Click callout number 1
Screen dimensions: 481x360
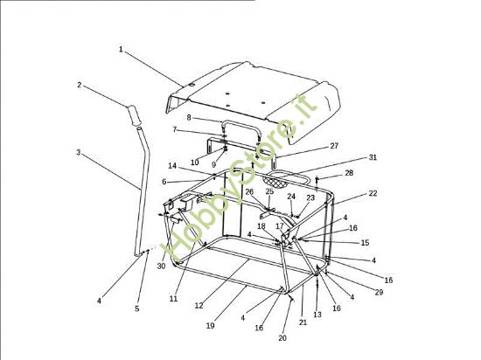click(121, 49)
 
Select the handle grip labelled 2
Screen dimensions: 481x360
click(133, 114)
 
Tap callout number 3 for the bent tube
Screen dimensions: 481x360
click(79, 152)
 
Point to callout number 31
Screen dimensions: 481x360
click(373, 157)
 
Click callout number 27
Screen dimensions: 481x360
click(334, 146)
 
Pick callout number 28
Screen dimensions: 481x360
click(349, 173)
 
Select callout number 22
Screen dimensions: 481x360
click(373, 193)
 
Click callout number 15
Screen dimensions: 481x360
click(365, 243)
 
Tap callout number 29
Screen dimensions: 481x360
click(380, 293)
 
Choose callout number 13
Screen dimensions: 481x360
click(317, 315)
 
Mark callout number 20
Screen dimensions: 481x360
click(282, 338)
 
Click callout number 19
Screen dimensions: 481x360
click(210, 326)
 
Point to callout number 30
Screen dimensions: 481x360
click(161, 267)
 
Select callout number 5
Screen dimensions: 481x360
click(136, 308)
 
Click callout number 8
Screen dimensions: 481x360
click(189, 118)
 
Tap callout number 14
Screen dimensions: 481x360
click(172, 166)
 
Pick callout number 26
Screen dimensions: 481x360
click(249, 192)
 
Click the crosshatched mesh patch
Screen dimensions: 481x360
click(275, 183)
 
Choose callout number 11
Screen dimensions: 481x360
click(173, 299)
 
